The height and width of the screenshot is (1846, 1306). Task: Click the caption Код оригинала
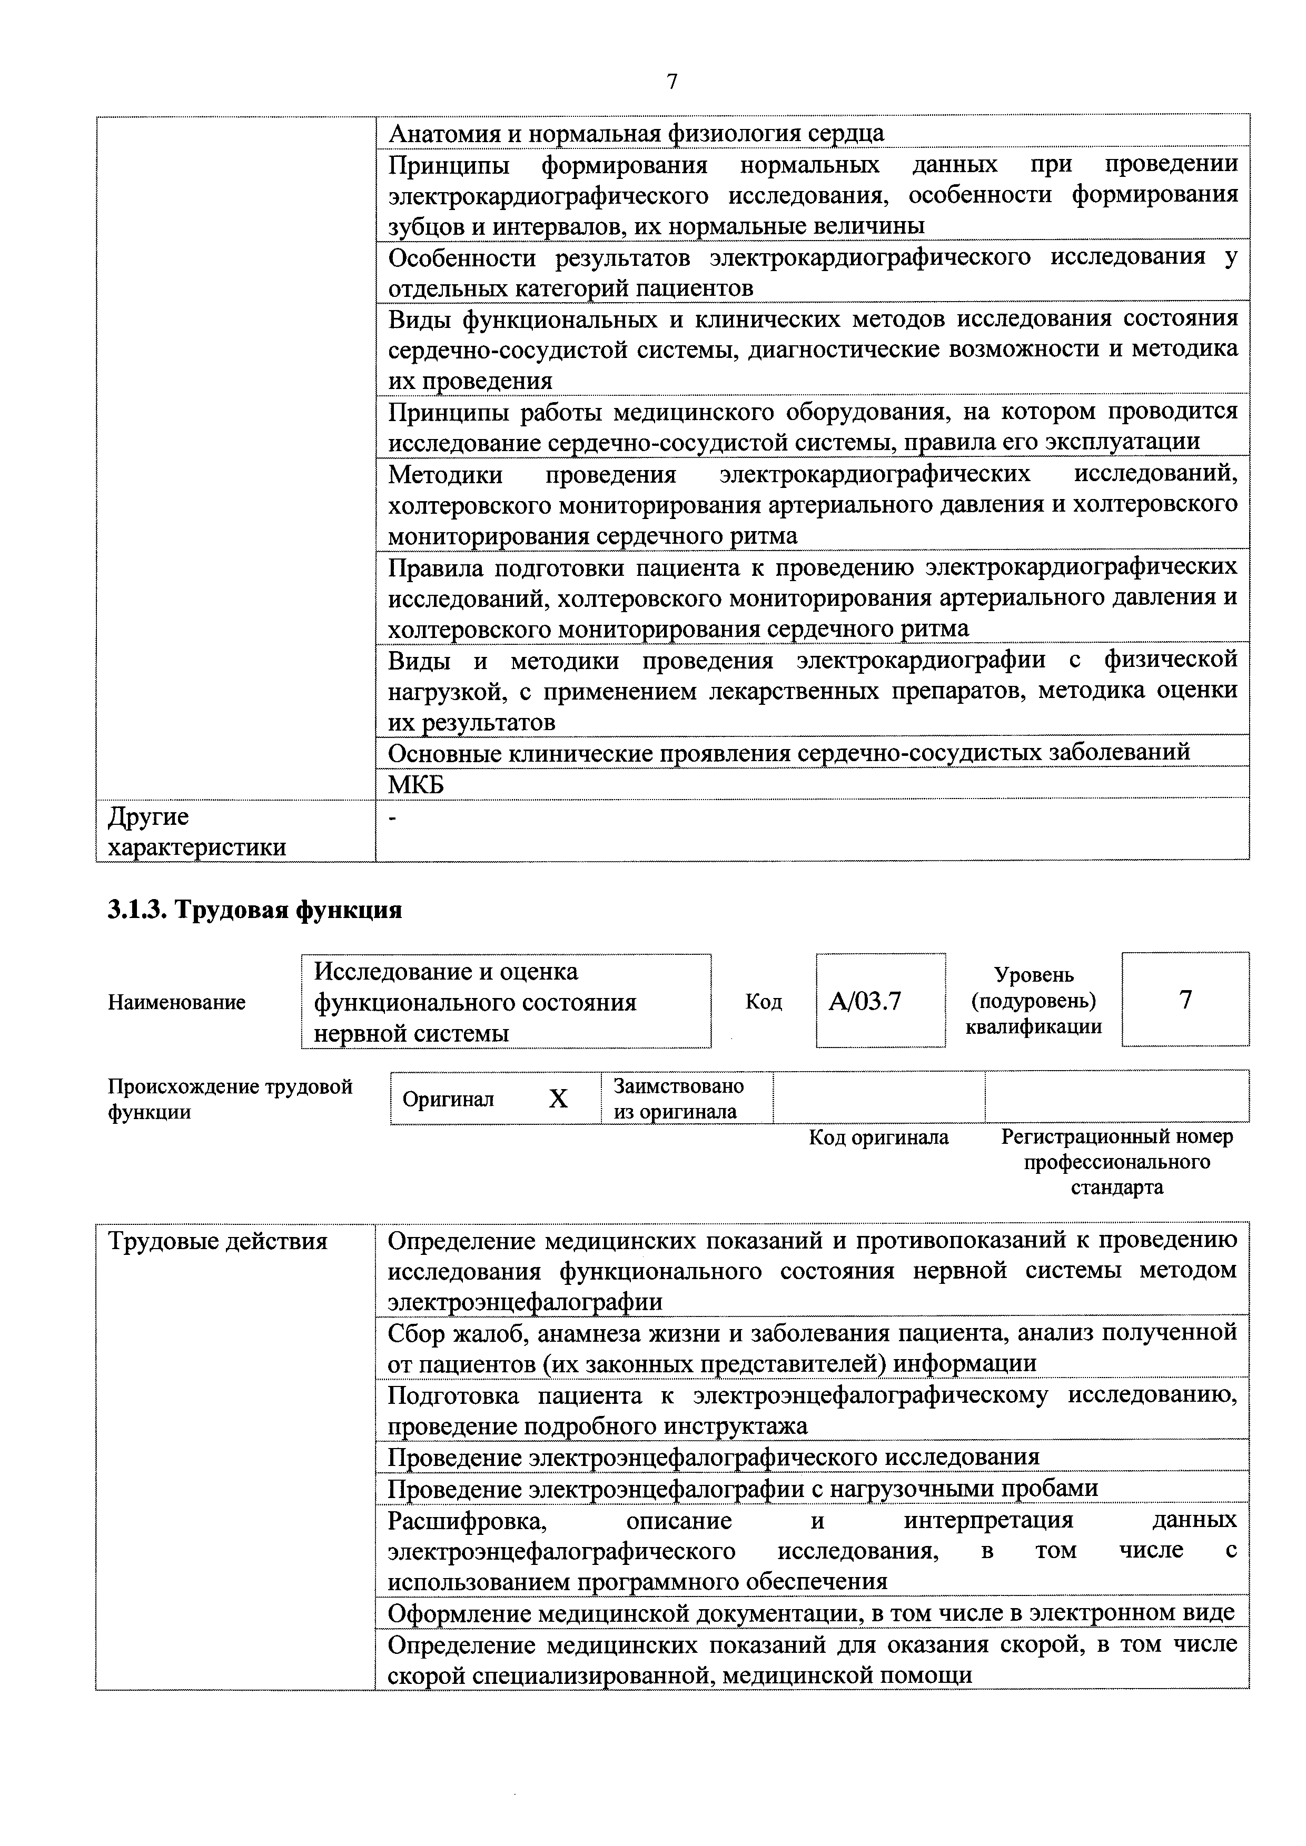[x=878, y=1137]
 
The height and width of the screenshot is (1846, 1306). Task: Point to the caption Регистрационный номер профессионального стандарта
[x=1116, y=1162]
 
